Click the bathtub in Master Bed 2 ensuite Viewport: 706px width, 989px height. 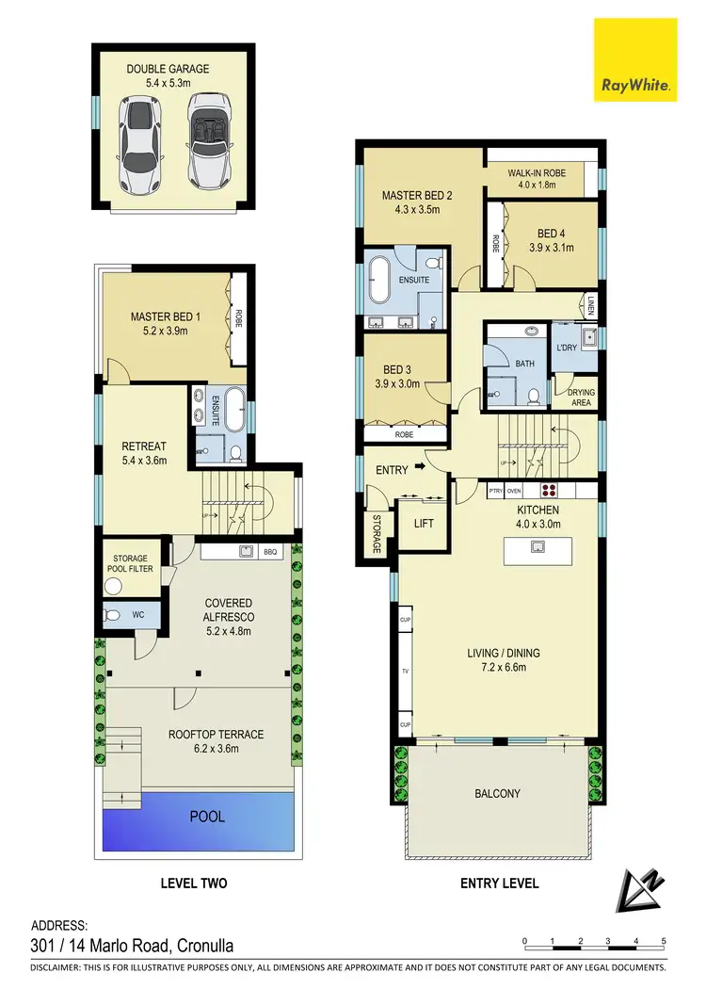click(381, 280)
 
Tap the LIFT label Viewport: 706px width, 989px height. click(423, 523)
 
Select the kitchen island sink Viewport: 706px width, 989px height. click(539, 546)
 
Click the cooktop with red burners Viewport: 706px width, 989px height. click(548, 490)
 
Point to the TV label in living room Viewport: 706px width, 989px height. click(405, 673)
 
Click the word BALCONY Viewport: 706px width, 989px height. click(497, 794)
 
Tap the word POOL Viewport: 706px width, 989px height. click(208, 816)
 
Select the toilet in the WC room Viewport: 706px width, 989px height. click(114, 615)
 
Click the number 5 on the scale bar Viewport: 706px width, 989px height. click(665, 940)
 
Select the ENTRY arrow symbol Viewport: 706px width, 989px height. click(419, 466)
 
